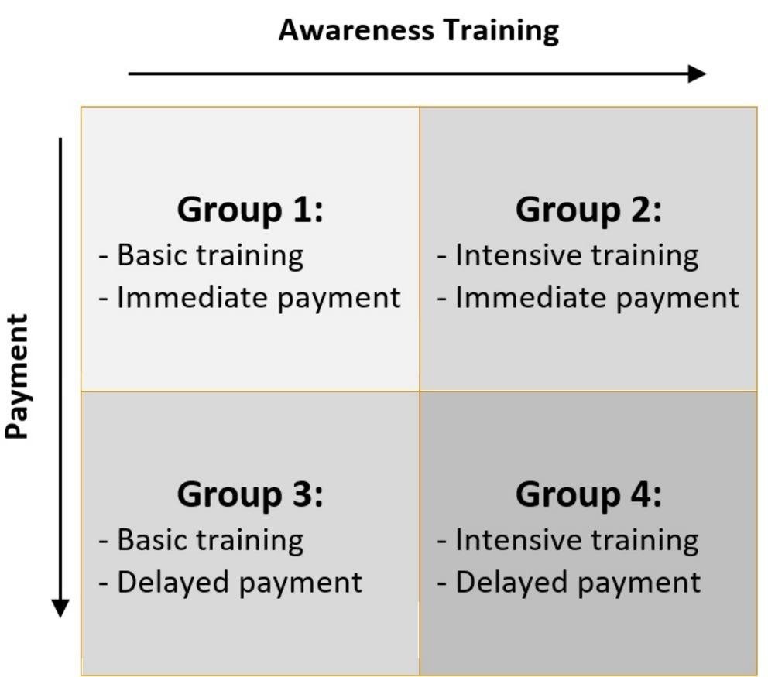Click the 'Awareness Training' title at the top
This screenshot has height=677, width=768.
tap(419, 31)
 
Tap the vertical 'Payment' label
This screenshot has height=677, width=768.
tap(17, 376)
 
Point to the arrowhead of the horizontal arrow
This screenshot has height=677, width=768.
tap(697, 74)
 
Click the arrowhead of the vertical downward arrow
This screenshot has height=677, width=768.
tap(60, 608)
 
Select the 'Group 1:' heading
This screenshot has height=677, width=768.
tap(250, 210)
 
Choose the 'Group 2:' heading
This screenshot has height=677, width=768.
tap(588, 210)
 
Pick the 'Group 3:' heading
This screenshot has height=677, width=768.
tap(250, 494)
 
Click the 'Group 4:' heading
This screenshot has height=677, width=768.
tap(588, 494)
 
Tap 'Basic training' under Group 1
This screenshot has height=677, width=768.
tap(210, 256)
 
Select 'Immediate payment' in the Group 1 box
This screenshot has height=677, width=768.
tap(259, 298)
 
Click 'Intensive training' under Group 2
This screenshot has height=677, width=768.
tap(577, 256)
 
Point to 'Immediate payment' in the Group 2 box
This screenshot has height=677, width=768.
tap(597, 298)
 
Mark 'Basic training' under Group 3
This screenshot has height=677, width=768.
tap(210, 540)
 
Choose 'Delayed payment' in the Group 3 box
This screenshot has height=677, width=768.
tap(239, 583)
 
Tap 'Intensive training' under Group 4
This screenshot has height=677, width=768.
tap(577, 540)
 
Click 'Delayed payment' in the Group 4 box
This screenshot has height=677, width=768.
tap(578, 583)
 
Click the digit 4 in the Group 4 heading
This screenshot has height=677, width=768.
tap(639, 494)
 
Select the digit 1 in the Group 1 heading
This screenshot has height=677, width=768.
tap(300, 210)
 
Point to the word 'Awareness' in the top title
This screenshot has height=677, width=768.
tap(356, 30)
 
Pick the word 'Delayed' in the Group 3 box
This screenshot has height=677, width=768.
tap(173, 583)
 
